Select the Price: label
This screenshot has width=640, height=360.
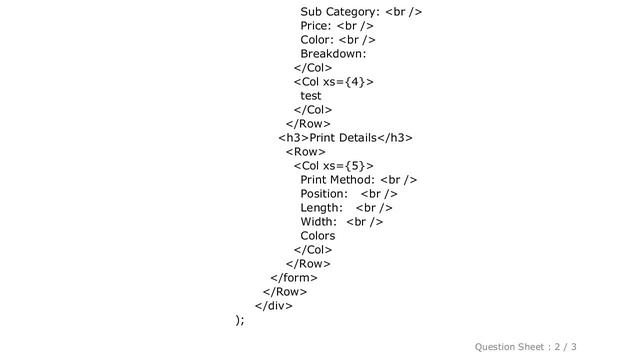click(x=316, y=26)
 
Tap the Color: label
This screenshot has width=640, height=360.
click(x=317, y=40)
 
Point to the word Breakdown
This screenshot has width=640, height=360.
click(x=333, y=54)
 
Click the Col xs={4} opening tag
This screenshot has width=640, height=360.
click(x=334, y=82)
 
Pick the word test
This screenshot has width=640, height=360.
click(x=311, y=96)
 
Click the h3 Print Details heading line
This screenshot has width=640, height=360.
click(x=346, y=137)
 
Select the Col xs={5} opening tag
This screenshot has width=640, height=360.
click(x=334, y=165)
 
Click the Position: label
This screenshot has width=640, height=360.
click(x=324, y=193)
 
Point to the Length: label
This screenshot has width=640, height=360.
click(x=321, y=207)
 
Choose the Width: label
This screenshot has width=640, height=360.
click(x=319, y=221)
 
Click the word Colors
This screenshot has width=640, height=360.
click(x=318, y=235)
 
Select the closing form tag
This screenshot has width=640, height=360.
click(x=294, y=277)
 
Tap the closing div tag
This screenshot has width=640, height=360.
click(x=274, y=305)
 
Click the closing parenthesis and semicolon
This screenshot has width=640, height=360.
click(x=239, y=319)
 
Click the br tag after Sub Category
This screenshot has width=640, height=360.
click(x=403, y=12)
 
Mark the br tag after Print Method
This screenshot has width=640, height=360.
click(x=398, y=179)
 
